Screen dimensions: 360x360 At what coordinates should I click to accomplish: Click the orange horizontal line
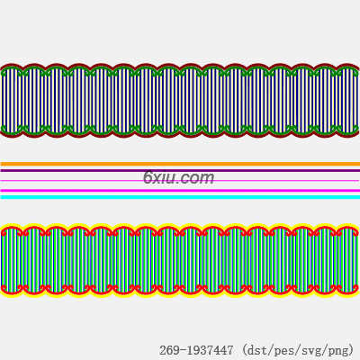[x=180, y=164]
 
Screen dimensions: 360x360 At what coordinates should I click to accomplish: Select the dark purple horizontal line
[x=180, y=170]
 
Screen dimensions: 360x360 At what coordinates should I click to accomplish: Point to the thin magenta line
[x=180, y=181]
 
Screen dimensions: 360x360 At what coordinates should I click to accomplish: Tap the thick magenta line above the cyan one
[x=180, y=191]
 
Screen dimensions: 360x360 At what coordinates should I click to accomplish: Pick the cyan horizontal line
[x=180, y=197]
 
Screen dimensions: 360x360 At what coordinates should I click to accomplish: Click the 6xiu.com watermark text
[x=179, y=177]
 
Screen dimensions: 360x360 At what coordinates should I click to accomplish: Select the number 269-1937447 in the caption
[x=196, y=350]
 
